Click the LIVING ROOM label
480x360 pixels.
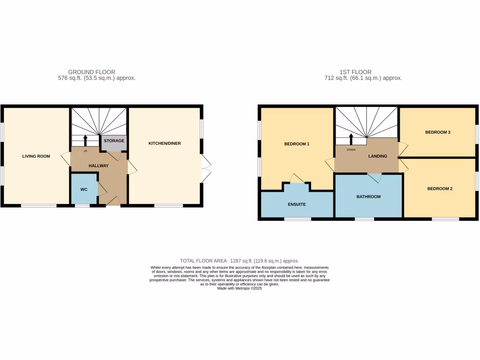pos(36,156)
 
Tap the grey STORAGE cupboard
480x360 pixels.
pos(114,142)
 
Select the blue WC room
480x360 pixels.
pos(84,189)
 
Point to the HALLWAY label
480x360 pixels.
pos(98,165)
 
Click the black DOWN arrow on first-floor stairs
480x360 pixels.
pos(351,139)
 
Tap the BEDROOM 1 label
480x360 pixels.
pos(297,144)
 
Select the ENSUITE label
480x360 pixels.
pos(297,204)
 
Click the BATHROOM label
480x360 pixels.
pos(368,196)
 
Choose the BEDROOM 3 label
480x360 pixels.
pos(438,132)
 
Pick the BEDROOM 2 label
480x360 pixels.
pos(439,188)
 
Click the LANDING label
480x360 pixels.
pos(378,156)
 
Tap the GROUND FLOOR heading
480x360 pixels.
pos(92,72)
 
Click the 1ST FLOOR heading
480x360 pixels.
pos(355,72)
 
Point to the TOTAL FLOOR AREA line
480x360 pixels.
pos(240,261)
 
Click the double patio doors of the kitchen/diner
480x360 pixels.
pos(205,168)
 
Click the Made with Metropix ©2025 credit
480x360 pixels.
pos(240,288)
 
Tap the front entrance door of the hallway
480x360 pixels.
pos(113,202)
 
